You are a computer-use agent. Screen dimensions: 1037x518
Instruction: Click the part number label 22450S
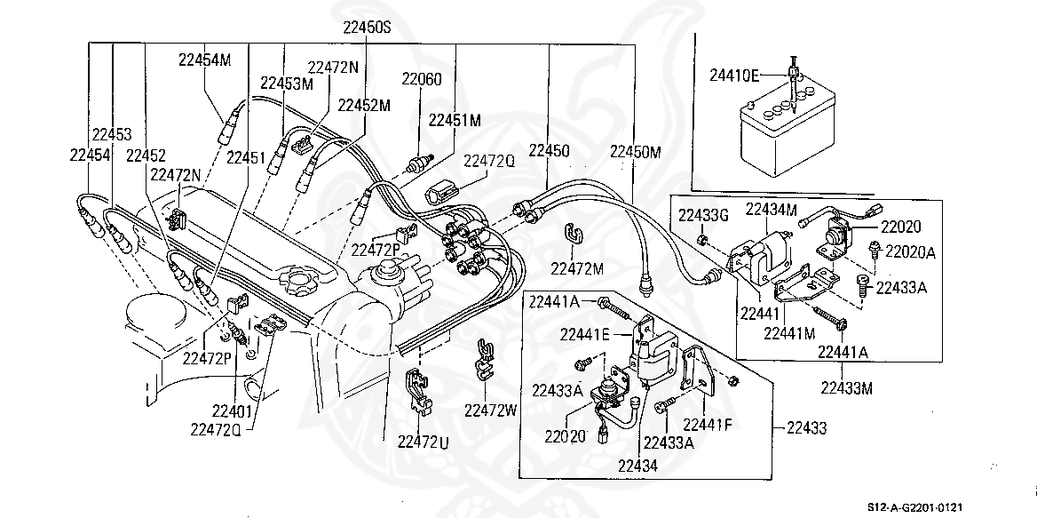coord(367,28)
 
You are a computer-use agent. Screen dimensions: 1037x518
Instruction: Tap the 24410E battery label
coord(734,76)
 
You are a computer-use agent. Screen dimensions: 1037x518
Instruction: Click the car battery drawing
coord(787,132)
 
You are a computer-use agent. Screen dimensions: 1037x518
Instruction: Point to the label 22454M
coord(204,60)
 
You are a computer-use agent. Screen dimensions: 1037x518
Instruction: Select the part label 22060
coord(421,79)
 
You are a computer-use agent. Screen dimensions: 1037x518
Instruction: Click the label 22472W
coord(490,410)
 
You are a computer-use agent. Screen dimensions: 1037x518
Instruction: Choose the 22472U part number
coord(423,442)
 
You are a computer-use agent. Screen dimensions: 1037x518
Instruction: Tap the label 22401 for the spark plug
coord(232,411)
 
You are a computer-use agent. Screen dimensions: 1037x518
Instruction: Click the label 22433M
coord(846,388)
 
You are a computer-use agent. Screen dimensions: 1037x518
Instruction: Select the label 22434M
coord(772,209)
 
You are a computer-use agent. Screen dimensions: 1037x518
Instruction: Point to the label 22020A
coord(910,251)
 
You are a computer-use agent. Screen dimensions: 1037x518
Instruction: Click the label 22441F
coord(708,424)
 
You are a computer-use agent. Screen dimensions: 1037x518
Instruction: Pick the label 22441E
coord(584,334)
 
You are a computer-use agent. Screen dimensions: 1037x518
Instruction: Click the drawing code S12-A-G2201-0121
coord(915,506)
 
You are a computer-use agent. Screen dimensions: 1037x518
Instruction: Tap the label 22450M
coord(635,152)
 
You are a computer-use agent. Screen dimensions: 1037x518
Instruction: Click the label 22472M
coord(577,268)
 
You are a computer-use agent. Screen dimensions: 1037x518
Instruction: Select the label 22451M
coord(455,120)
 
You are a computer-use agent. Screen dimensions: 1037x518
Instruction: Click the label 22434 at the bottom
coord(638,465)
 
